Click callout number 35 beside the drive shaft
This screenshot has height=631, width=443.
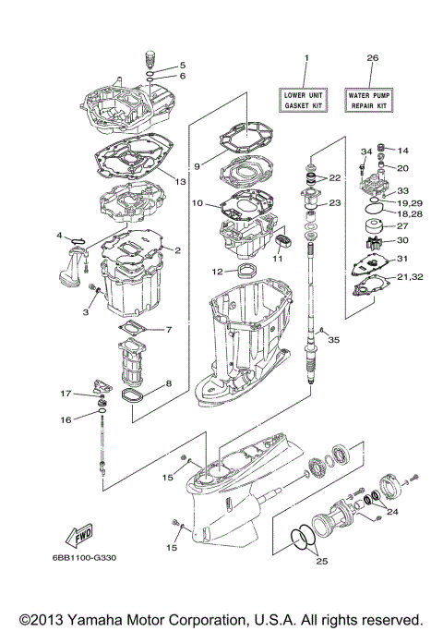point(334,340)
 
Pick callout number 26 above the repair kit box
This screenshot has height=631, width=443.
point(372,58)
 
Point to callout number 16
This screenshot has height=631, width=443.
point(66,420)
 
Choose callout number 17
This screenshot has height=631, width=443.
point(66,394)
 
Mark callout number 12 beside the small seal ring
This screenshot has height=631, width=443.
point(216,272)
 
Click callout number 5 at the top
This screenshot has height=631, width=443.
point(182,65)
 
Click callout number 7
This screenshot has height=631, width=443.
point(169,330)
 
